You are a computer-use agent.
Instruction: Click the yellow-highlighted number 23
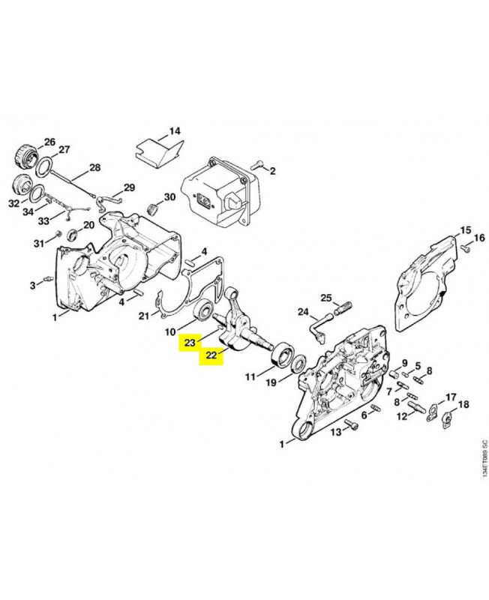(190, 343)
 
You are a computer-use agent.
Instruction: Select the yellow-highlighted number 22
(211, 355)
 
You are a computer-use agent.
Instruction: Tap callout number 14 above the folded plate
(175, 131)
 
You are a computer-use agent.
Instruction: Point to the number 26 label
(49, 142)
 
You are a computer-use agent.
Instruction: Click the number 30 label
(170, 196)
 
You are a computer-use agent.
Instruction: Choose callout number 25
(326, 298)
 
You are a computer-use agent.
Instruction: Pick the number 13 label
(336, 432)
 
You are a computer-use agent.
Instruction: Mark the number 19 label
(271, 382)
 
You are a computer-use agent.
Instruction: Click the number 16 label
(479, 238)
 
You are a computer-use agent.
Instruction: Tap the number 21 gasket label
(143, 316)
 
